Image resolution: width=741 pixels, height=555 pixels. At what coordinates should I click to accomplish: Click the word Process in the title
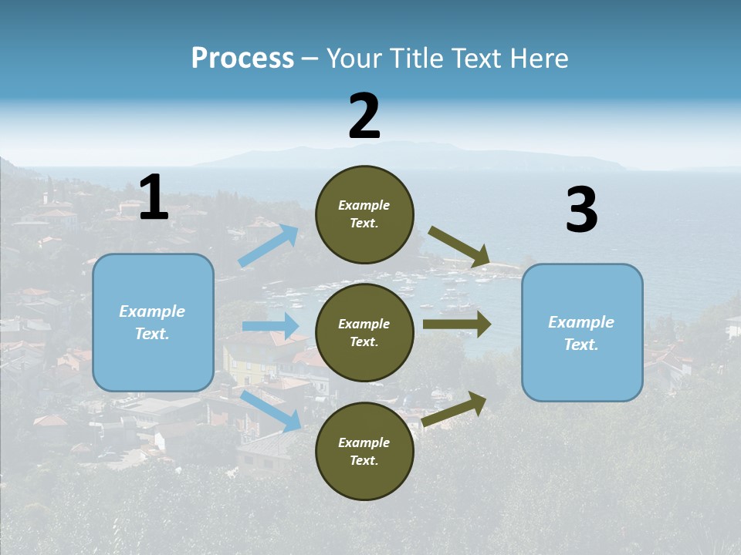[x=242, y=59]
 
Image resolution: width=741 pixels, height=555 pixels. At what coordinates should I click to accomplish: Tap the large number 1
[x=154, y=198]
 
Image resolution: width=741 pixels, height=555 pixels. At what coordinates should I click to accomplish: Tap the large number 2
[x=364, y=116]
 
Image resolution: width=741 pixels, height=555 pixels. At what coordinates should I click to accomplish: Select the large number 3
[x=581, y=210]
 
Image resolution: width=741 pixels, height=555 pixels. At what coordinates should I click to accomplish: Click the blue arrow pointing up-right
[x=269, y=246]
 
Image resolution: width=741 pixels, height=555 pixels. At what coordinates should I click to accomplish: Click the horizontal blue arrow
[x=271, y=326]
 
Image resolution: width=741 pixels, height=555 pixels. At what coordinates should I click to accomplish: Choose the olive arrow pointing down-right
[x=460, y=247]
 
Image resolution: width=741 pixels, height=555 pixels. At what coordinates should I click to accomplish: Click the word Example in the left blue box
[x=152, y=311]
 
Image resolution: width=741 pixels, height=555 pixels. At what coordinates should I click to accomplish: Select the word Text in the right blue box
[x=580, y=345]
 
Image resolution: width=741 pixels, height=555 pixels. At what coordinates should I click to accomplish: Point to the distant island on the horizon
[x=401, y=154]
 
